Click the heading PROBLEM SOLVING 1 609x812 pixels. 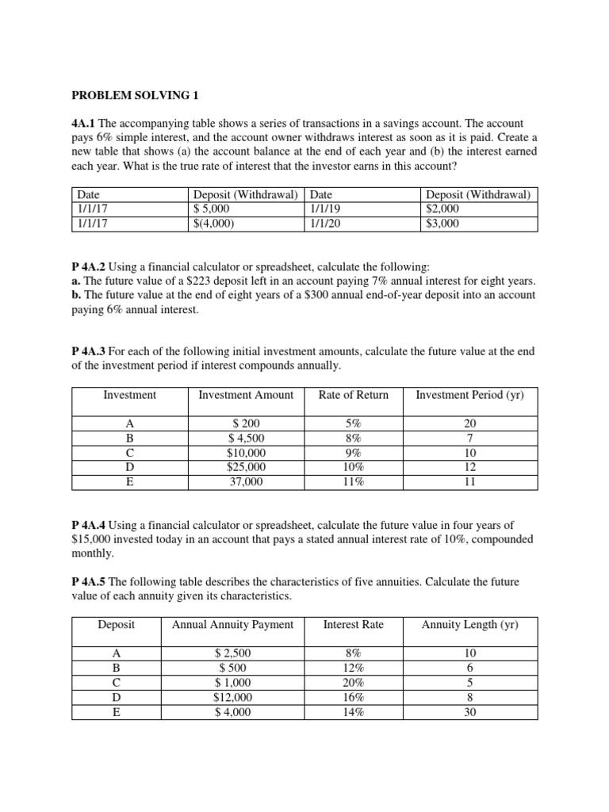coord(136,96)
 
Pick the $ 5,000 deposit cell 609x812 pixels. coord(216,209)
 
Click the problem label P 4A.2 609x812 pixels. coord(88,267)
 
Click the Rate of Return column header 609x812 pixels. coord(353,395)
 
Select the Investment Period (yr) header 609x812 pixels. coord(469,395)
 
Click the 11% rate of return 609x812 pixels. coord(353,481)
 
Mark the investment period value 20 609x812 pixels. coord(469,423)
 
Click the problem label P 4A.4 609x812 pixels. coord(88,525)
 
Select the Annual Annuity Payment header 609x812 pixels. coord(232,625)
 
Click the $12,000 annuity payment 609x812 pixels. coord(232,697)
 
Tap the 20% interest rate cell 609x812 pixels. coord(353,683)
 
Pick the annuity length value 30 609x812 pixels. coord(469,711)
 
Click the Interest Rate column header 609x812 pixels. coord(353,625)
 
